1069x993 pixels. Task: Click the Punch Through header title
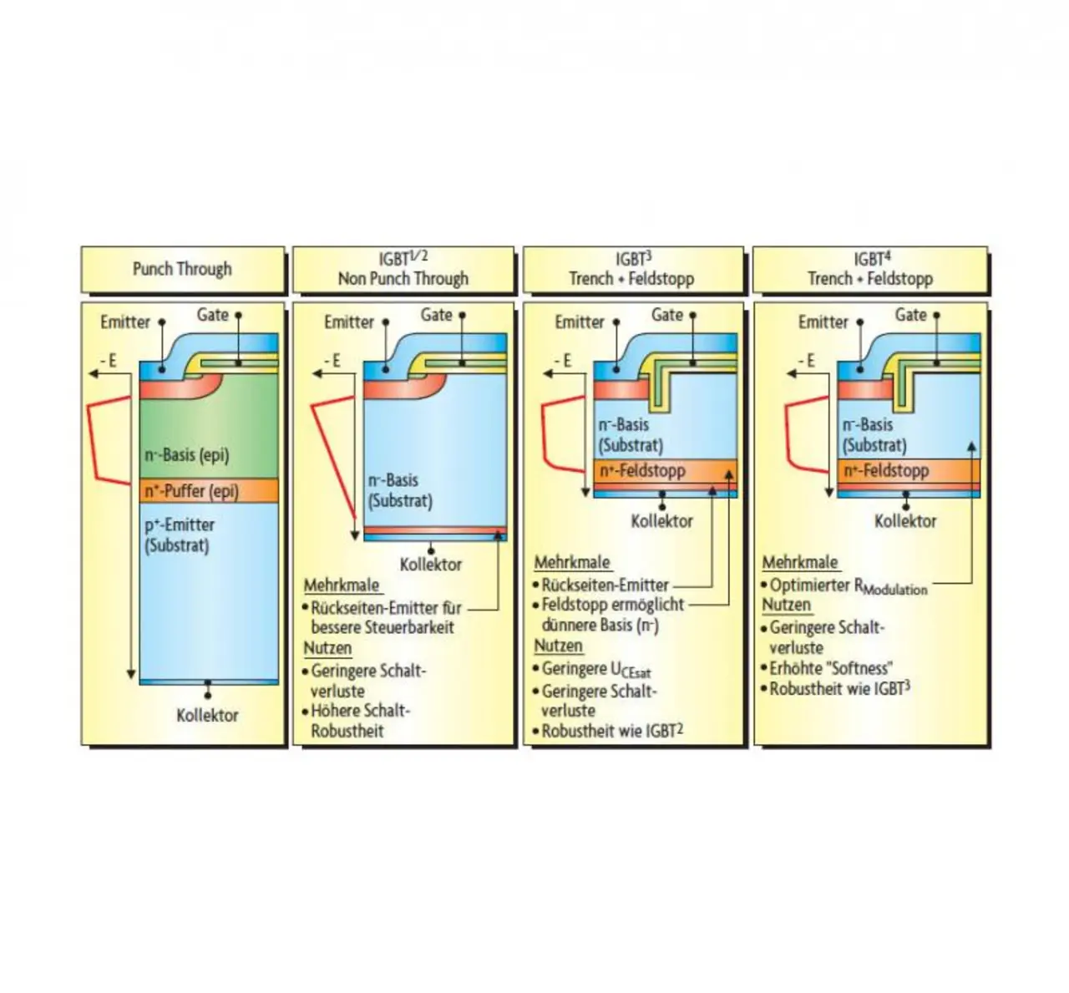(x=182, y=269)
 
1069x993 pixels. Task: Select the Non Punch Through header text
(x=403, y=279)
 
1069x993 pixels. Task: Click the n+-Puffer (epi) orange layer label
(x=191, y=491)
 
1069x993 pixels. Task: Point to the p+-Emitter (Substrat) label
(x=179, y=535)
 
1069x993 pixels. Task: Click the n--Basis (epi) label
(x=186, y=455)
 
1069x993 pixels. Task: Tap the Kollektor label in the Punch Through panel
(x=207, y=716)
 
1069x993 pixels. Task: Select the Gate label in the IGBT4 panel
(x=910, y=315)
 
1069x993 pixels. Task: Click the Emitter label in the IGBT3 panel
(x=579, y=322)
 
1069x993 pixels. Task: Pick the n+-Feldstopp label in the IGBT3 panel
(x=642, y=471)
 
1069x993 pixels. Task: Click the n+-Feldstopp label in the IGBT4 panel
(x=886, y=471)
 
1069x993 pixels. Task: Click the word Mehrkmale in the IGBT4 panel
(x=799, y=563)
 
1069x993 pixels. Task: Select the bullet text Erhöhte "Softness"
(x=830, y=668)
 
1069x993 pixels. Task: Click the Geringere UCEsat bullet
(x=595, y=670)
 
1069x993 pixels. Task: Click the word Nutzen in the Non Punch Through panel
(x=327, y=648)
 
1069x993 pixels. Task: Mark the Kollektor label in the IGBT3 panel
(x=661, y=521)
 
